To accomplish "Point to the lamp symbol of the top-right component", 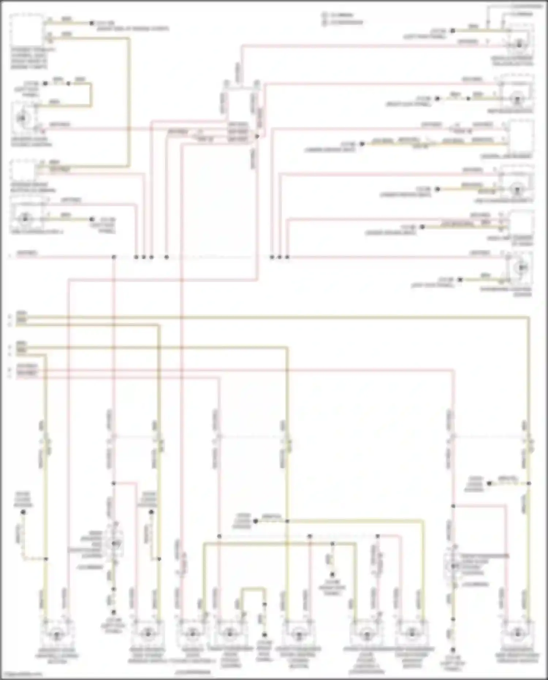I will point(519,45).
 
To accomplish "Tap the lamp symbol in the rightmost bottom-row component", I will point(516,633).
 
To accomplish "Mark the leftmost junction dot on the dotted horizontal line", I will point(114,257).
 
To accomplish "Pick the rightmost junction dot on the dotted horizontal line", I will point(287,257).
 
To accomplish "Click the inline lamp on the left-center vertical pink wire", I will point(114,544).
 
